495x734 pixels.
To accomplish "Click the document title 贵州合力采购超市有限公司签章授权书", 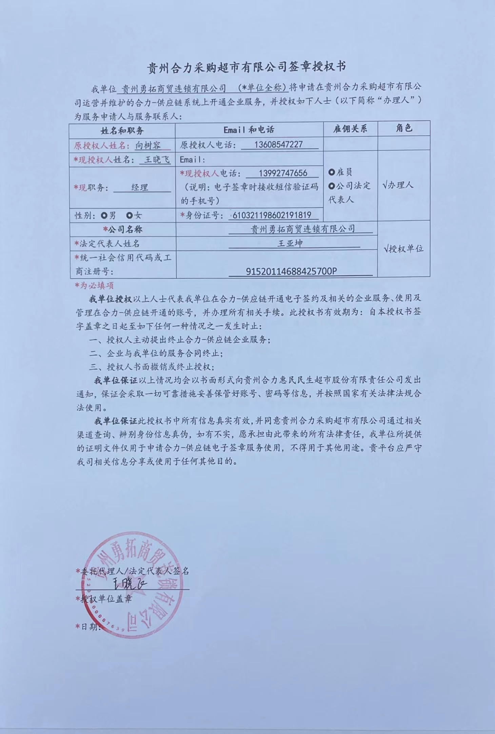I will click(247, 67).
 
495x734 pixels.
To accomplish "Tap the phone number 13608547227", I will click(278, 144).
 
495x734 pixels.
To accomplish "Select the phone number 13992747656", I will click(283, 173).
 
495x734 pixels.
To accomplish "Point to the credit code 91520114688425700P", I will click(291, 271).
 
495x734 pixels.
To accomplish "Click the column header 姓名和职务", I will click(122, 131).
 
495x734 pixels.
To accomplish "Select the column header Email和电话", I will click(249, 130).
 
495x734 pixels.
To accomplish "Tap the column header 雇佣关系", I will click(350, 129).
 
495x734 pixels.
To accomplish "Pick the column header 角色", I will click(404, 128).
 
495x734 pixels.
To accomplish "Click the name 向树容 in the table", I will click(148, 146).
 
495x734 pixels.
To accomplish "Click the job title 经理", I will click(140, 187).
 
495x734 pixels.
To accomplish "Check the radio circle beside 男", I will click(104, 215).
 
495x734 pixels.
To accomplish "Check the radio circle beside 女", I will click(129, 215).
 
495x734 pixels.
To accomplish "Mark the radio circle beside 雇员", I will click(332, 172).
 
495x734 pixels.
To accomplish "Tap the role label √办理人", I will click(397, 185).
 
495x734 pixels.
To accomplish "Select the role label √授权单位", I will click(403, 249).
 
